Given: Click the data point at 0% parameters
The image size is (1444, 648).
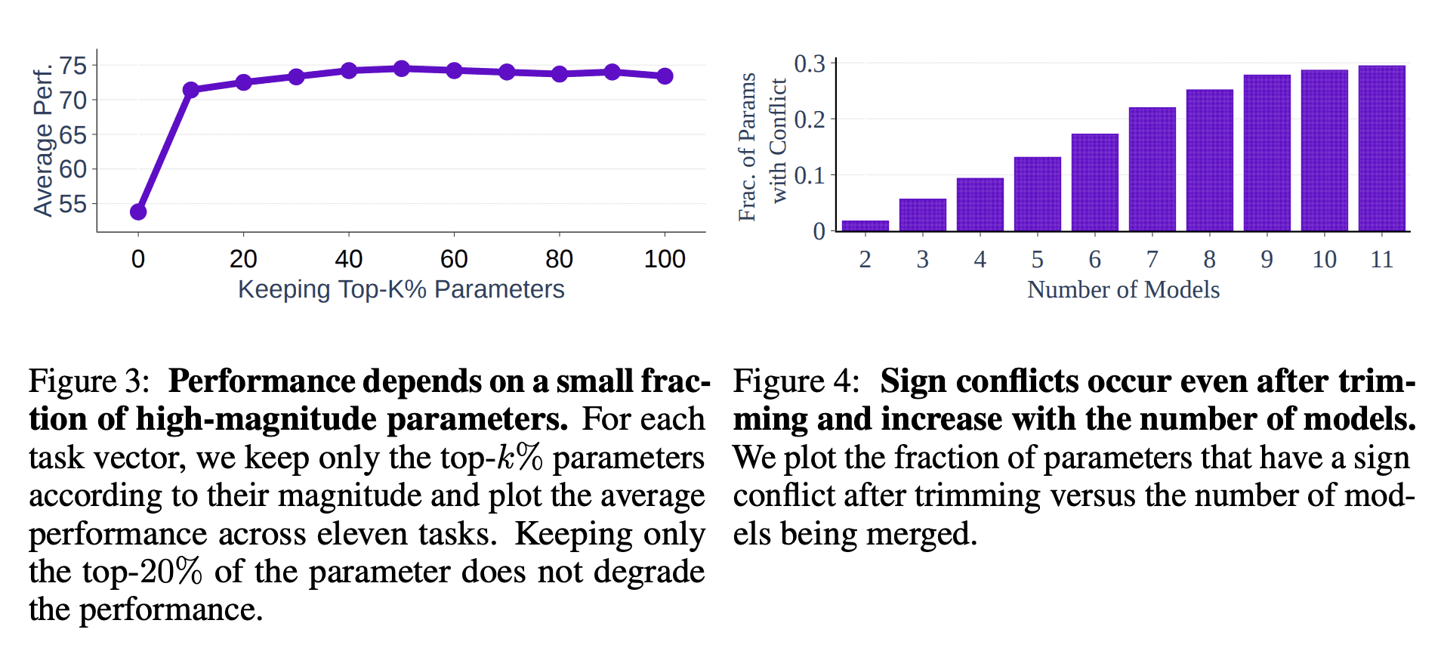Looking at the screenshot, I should (x=138, y=211).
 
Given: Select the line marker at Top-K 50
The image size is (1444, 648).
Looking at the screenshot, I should (x=402, y=69).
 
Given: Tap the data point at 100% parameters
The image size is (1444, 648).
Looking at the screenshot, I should (x=665, y=76).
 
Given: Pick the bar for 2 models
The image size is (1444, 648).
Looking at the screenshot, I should (x=865, y=225).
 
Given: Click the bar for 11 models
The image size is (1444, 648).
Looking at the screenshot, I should (x=1381, y=148).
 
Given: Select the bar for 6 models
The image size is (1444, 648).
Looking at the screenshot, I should (x=1094, y=182).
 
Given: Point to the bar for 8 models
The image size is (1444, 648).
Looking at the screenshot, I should (x=1209, y=160).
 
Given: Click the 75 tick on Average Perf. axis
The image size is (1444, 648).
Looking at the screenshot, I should (x=73, y=66).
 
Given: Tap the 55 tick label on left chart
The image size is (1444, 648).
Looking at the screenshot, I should (x=73, y=204).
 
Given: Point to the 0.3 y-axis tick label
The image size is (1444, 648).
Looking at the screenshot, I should (x=810, y=64).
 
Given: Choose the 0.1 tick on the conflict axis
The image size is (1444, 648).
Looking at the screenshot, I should (x=810, y=175).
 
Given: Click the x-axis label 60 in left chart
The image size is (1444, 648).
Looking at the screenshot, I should (x=454, y=259).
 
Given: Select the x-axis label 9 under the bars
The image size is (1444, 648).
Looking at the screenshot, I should (x=1267, y=259).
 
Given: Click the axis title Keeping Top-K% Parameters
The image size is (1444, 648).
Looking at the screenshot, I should (x=401, y=289).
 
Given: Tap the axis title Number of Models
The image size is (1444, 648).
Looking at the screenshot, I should (x=1123, y=289).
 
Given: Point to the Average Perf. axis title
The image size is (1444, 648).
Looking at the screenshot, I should (x=43, y=140).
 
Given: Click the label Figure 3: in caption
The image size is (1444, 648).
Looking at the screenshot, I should (x=89, y=381).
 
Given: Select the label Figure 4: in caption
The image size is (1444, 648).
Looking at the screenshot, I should (x=796, y=381).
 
